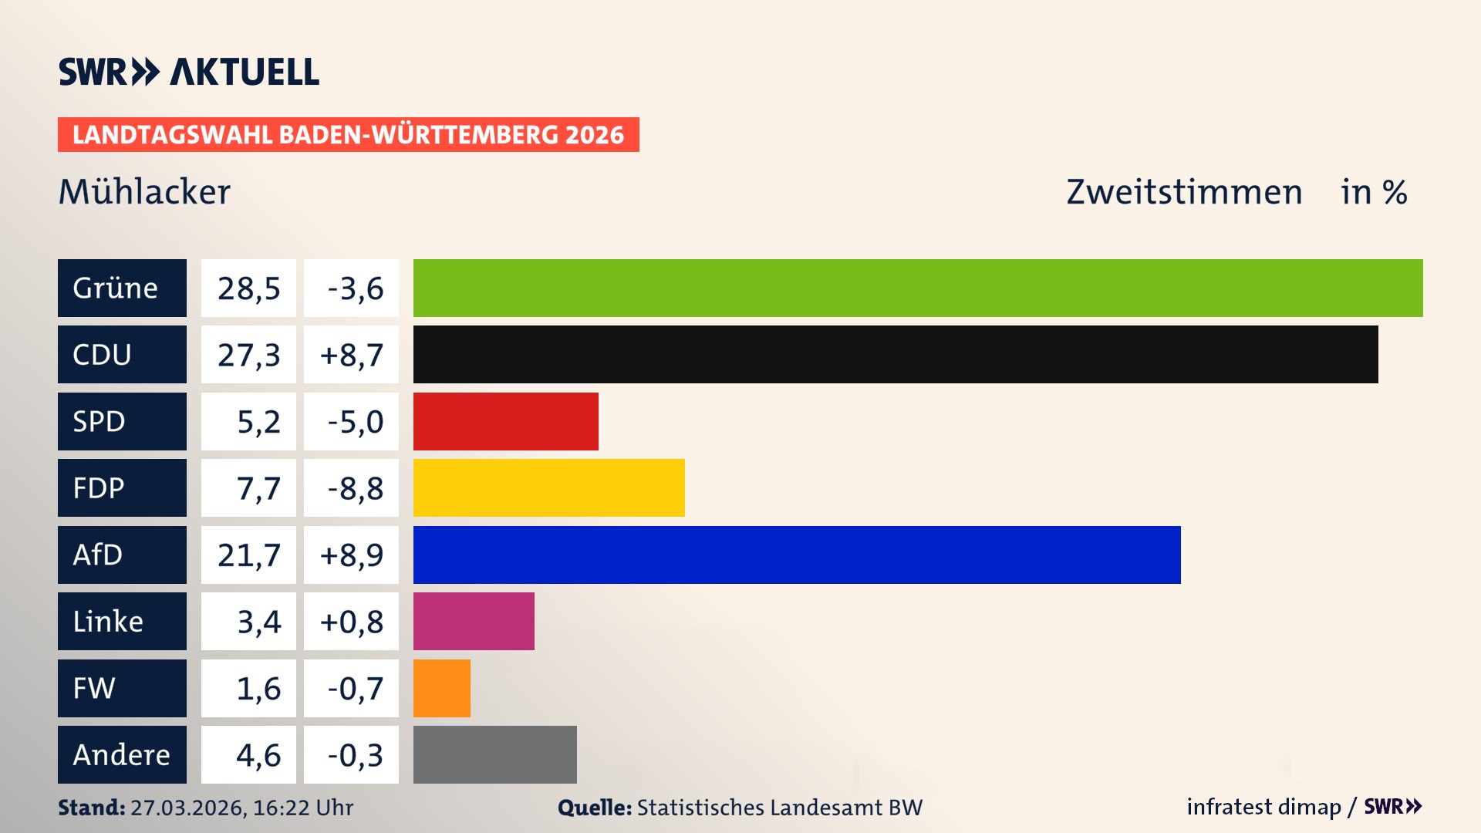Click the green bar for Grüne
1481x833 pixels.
click(918, 288)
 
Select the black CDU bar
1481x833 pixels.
click(895, 354)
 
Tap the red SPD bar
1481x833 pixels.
click(505, 421)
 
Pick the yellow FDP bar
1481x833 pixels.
click(548, 487)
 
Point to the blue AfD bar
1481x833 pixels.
click(796, 555)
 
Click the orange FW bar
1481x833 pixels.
click(441, 688)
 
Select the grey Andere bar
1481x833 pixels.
click(494, 754)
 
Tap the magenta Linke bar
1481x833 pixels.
click(474, 621)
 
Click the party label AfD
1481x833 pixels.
click(121, 555)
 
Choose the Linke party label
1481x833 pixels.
click(121, 621)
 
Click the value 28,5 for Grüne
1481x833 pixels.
click(248, 288)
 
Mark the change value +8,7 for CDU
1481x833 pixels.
click(351, 354)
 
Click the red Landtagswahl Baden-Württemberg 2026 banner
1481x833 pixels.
click(348, 134)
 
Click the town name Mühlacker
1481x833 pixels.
click(144, 191)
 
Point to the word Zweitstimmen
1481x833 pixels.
click(1184, 191)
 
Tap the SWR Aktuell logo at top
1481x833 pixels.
click(188, 72)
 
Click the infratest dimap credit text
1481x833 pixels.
click(1263, 807)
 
